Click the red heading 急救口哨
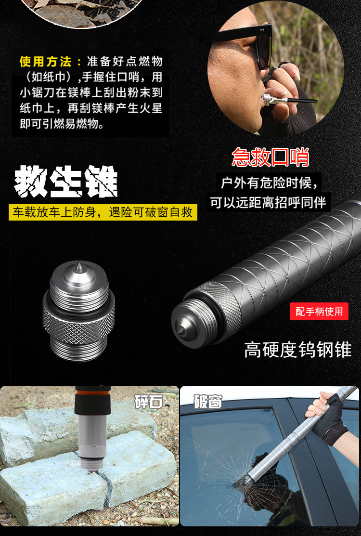[x=270, y=157]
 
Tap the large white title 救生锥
[x=65, y=182]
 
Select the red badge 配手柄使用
[x=319, y=312]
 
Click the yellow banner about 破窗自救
[x=103, y=212]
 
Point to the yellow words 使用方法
[x=45, y=62]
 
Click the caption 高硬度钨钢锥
[x=297, y=350]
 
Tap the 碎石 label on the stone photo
[x=149, y=402]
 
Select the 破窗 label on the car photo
[x=207, y=401]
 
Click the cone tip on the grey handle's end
[x=179, y=330]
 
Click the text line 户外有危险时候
[x=269, y=183]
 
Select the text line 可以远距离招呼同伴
[x=268, y=202]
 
